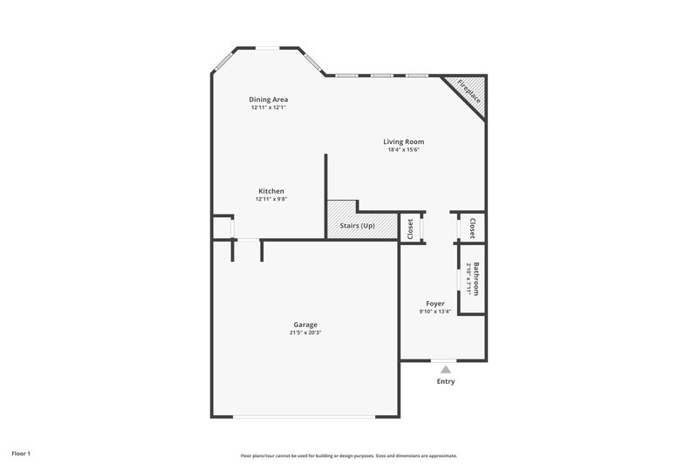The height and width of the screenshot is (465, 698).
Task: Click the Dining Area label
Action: (269, 99)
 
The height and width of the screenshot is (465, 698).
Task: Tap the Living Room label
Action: (403, 141)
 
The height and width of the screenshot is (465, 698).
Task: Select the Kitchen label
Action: (270, 191)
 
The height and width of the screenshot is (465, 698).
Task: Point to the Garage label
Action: (305, 325)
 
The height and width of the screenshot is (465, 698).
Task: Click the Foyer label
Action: (435, 304)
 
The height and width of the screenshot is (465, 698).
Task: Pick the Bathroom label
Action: (476, 277)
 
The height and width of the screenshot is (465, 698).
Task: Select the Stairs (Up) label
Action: (357, 226)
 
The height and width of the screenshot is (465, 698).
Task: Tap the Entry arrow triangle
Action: (446, 369)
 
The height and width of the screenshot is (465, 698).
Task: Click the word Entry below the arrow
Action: (446, 381)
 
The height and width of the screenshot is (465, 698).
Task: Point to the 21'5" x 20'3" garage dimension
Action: (305, 332)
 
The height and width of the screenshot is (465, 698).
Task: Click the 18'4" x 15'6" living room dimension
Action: (403, 149)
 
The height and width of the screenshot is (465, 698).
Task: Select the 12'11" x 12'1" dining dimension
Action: (269, 107)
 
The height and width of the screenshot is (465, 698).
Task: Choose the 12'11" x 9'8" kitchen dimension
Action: (270, 199)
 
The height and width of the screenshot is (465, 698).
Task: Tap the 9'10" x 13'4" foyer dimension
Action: (435, 311)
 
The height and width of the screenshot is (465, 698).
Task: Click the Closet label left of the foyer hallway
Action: (409, 227)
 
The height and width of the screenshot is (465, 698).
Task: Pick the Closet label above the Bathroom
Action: (473, 227)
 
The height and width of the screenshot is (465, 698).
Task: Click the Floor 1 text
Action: (21, 454)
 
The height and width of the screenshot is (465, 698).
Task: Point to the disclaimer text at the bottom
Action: (349, 455)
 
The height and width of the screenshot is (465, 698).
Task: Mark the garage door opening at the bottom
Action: (305, 416)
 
